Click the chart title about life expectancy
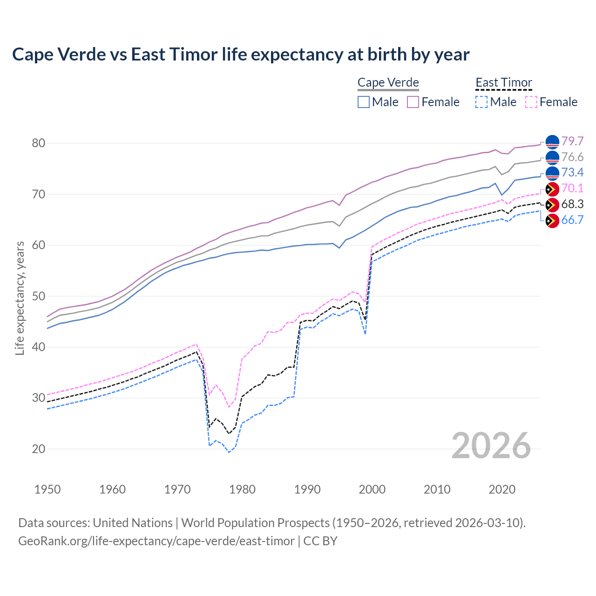point(241,54)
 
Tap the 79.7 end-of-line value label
point(572,141)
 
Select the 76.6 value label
point(572,157)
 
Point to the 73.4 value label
point(572,173)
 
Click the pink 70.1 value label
point(572,189)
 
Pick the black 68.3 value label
point(572,204)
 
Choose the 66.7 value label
point(572,220)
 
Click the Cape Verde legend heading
point(388,82)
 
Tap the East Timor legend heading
point(504,82)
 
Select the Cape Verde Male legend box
point(364,102)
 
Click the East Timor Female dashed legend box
point(531,102)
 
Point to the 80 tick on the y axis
point(39,143)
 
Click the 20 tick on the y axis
point(39,449)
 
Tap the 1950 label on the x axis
point(47,489)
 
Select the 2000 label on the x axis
point(372,489)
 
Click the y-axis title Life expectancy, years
point(20,298)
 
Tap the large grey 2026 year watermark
point(491,446)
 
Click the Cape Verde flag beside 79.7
point(552,142)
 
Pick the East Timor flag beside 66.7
point(552,221)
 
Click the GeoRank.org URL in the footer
point(156,541)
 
